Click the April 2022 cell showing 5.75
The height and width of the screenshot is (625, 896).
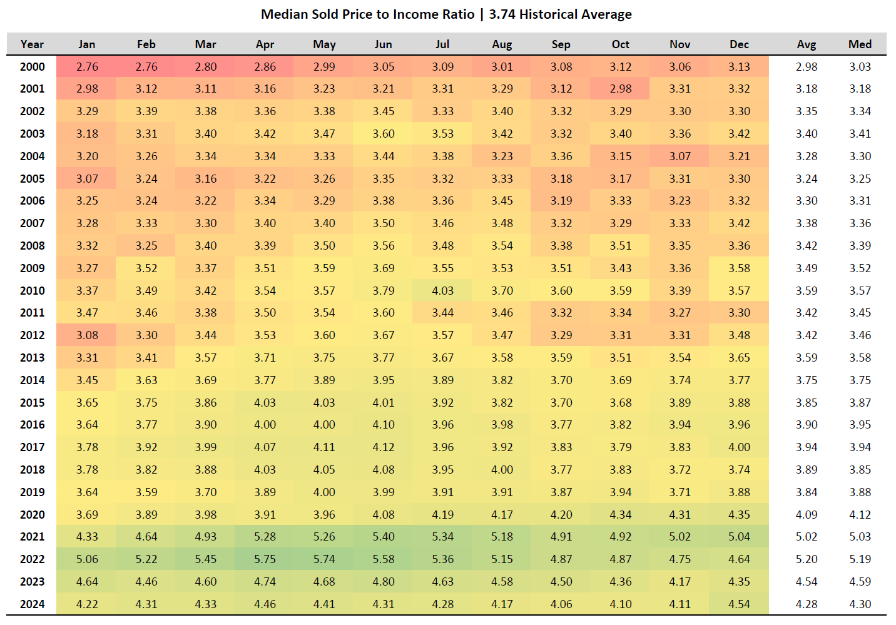265,559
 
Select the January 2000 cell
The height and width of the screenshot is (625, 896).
87,67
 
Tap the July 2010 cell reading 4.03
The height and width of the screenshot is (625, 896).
442,291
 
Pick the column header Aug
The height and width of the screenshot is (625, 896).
502,44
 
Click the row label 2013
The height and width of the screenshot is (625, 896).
32,358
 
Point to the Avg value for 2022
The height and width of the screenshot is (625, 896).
806,559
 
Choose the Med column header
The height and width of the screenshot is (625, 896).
860,44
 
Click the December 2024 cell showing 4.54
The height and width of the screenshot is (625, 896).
739,604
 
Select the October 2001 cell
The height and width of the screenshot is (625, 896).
620,89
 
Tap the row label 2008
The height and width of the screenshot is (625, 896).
32,246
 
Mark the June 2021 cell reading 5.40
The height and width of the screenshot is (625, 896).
383,537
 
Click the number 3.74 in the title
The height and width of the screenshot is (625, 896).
502,14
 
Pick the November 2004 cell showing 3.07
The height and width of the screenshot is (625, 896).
680,156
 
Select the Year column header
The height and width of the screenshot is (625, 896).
32,44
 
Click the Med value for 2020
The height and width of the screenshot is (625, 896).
860,515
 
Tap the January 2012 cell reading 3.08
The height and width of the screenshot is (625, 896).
87,335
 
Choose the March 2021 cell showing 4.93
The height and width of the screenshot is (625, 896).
205,537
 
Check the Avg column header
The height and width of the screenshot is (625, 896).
806,44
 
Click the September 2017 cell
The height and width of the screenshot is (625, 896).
561,447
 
